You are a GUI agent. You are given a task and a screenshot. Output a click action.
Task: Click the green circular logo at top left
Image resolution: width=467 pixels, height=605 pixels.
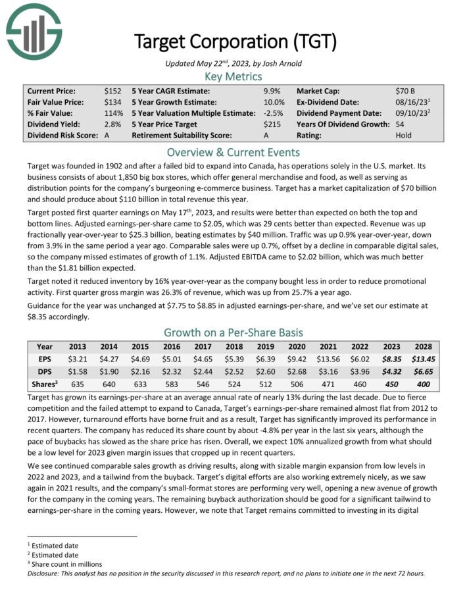coord(34,31)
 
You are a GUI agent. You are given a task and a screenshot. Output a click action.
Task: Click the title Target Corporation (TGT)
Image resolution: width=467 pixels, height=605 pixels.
coord(235,41)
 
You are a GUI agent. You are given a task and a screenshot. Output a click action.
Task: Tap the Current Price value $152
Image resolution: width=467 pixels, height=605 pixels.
coord(112,91)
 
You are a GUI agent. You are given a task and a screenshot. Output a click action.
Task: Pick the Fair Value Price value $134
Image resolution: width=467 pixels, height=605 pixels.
coord(112,102)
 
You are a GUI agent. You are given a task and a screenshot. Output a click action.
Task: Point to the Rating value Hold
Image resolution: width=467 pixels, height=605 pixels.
coord(403,136)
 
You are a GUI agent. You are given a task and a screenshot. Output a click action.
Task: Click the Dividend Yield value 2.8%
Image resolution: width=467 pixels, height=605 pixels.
coord(112,124)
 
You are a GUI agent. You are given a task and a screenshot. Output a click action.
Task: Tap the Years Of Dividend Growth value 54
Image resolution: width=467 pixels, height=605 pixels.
coord(400,124)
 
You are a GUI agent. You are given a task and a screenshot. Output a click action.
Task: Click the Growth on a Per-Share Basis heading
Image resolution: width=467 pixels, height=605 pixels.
coord(233,332)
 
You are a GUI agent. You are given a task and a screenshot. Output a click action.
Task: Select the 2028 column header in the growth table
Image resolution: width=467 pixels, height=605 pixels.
coord(422,346)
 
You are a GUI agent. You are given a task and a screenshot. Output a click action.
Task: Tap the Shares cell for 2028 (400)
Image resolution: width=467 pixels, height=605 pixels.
coord(422,384)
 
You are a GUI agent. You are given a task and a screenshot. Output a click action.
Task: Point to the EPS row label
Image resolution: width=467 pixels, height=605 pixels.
coord(45,359)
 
